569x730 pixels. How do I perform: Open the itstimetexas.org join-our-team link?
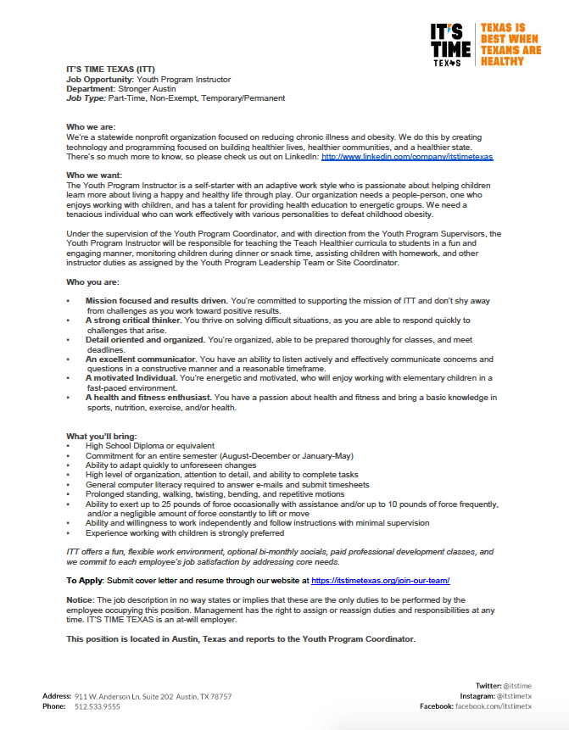pyautogui.click(x=381, y=580)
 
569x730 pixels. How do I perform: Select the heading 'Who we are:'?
pyautogui.click(x=89, y=125)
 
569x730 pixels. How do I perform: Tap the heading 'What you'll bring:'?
pyautogui.click(x=101, y=436)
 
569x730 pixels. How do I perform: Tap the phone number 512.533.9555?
pyautogui.click(x=98, y=706)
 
